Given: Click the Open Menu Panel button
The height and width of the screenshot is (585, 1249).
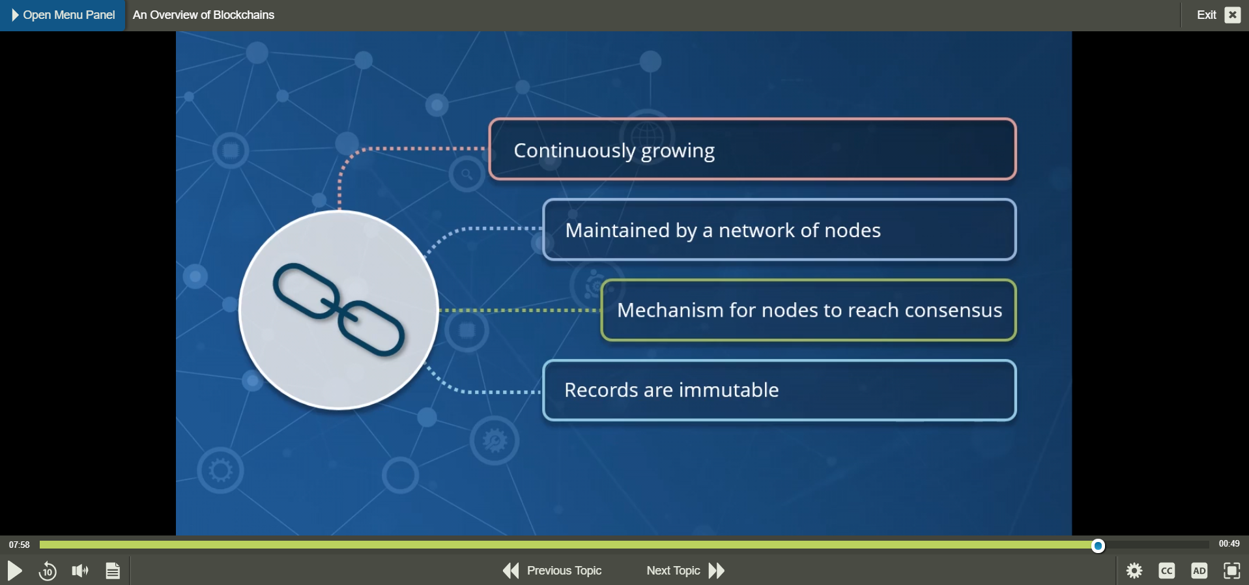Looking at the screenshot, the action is click(x=63, y=15).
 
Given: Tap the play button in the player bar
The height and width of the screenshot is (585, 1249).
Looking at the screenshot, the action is click(x=14, y=571).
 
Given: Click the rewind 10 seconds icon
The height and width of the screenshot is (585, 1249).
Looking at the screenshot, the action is click(x=48, y=571).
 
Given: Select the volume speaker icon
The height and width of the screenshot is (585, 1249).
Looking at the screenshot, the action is click(x=80, y=571).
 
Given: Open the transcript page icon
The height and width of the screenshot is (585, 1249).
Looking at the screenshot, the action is click(x=113, y=571).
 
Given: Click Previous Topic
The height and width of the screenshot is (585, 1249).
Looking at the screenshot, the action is click(x=553, y=571).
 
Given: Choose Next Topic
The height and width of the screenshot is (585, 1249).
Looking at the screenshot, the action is click(x=685, y=571).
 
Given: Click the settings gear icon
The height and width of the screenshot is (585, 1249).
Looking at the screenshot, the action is click(x=1134, y=571).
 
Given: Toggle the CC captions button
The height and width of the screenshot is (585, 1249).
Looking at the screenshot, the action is click(x=1167, y=571).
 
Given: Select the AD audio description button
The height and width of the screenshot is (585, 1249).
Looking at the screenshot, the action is click(x=1199, y=571).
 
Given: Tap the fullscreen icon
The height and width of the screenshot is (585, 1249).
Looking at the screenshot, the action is click(x=1232, y=571).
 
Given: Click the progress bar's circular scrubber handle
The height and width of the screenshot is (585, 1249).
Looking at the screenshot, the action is click(x=1098, y=545).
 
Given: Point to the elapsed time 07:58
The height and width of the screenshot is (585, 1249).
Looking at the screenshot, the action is click(x=20, y=545).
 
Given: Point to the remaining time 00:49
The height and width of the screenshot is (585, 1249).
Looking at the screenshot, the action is click(x=1229, y=544).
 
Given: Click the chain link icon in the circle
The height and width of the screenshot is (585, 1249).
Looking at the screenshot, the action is click(x=339, y=310).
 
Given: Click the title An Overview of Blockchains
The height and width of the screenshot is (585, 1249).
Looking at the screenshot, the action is click(x=203, y=15).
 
